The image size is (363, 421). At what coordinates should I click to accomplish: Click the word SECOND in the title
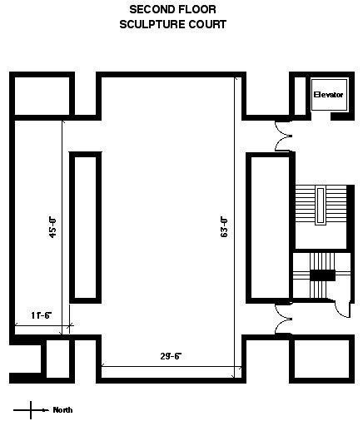click(149, 9)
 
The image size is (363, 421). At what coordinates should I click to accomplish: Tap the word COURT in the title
click(207, 24)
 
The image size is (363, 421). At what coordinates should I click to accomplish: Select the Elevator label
click(328, 95)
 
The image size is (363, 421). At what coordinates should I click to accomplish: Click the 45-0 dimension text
click(52, 228)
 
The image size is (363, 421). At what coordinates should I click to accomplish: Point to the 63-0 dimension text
click(224, 227)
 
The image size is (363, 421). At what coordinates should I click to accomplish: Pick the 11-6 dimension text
click(42, 315)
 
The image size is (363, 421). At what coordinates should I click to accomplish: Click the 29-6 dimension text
click(171, 356)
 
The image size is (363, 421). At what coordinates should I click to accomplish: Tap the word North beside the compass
click(62, 410)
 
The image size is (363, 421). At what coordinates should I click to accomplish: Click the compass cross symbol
click(31, 410)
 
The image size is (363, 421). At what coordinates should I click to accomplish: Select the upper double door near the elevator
click(283, 136)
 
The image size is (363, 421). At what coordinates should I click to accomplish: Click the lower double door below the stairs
click(283, 319)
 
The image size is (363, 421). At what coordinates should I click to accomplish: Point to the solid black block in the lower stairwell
click(322, 275)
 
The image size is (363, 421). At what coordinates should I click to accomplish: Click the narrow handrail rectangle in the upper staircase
click(321, 206)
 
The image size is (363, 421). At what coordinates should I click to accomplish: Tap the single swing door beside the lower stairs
click(342, 308)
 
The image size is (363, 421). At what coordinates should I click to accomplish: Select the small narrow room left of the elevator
click(300, 96)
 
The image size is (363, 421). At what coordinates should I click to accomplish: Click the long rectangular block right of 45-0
click(85, 227)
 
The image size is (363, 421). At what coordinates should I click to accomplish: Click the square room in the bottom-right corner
click(322, 359)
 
